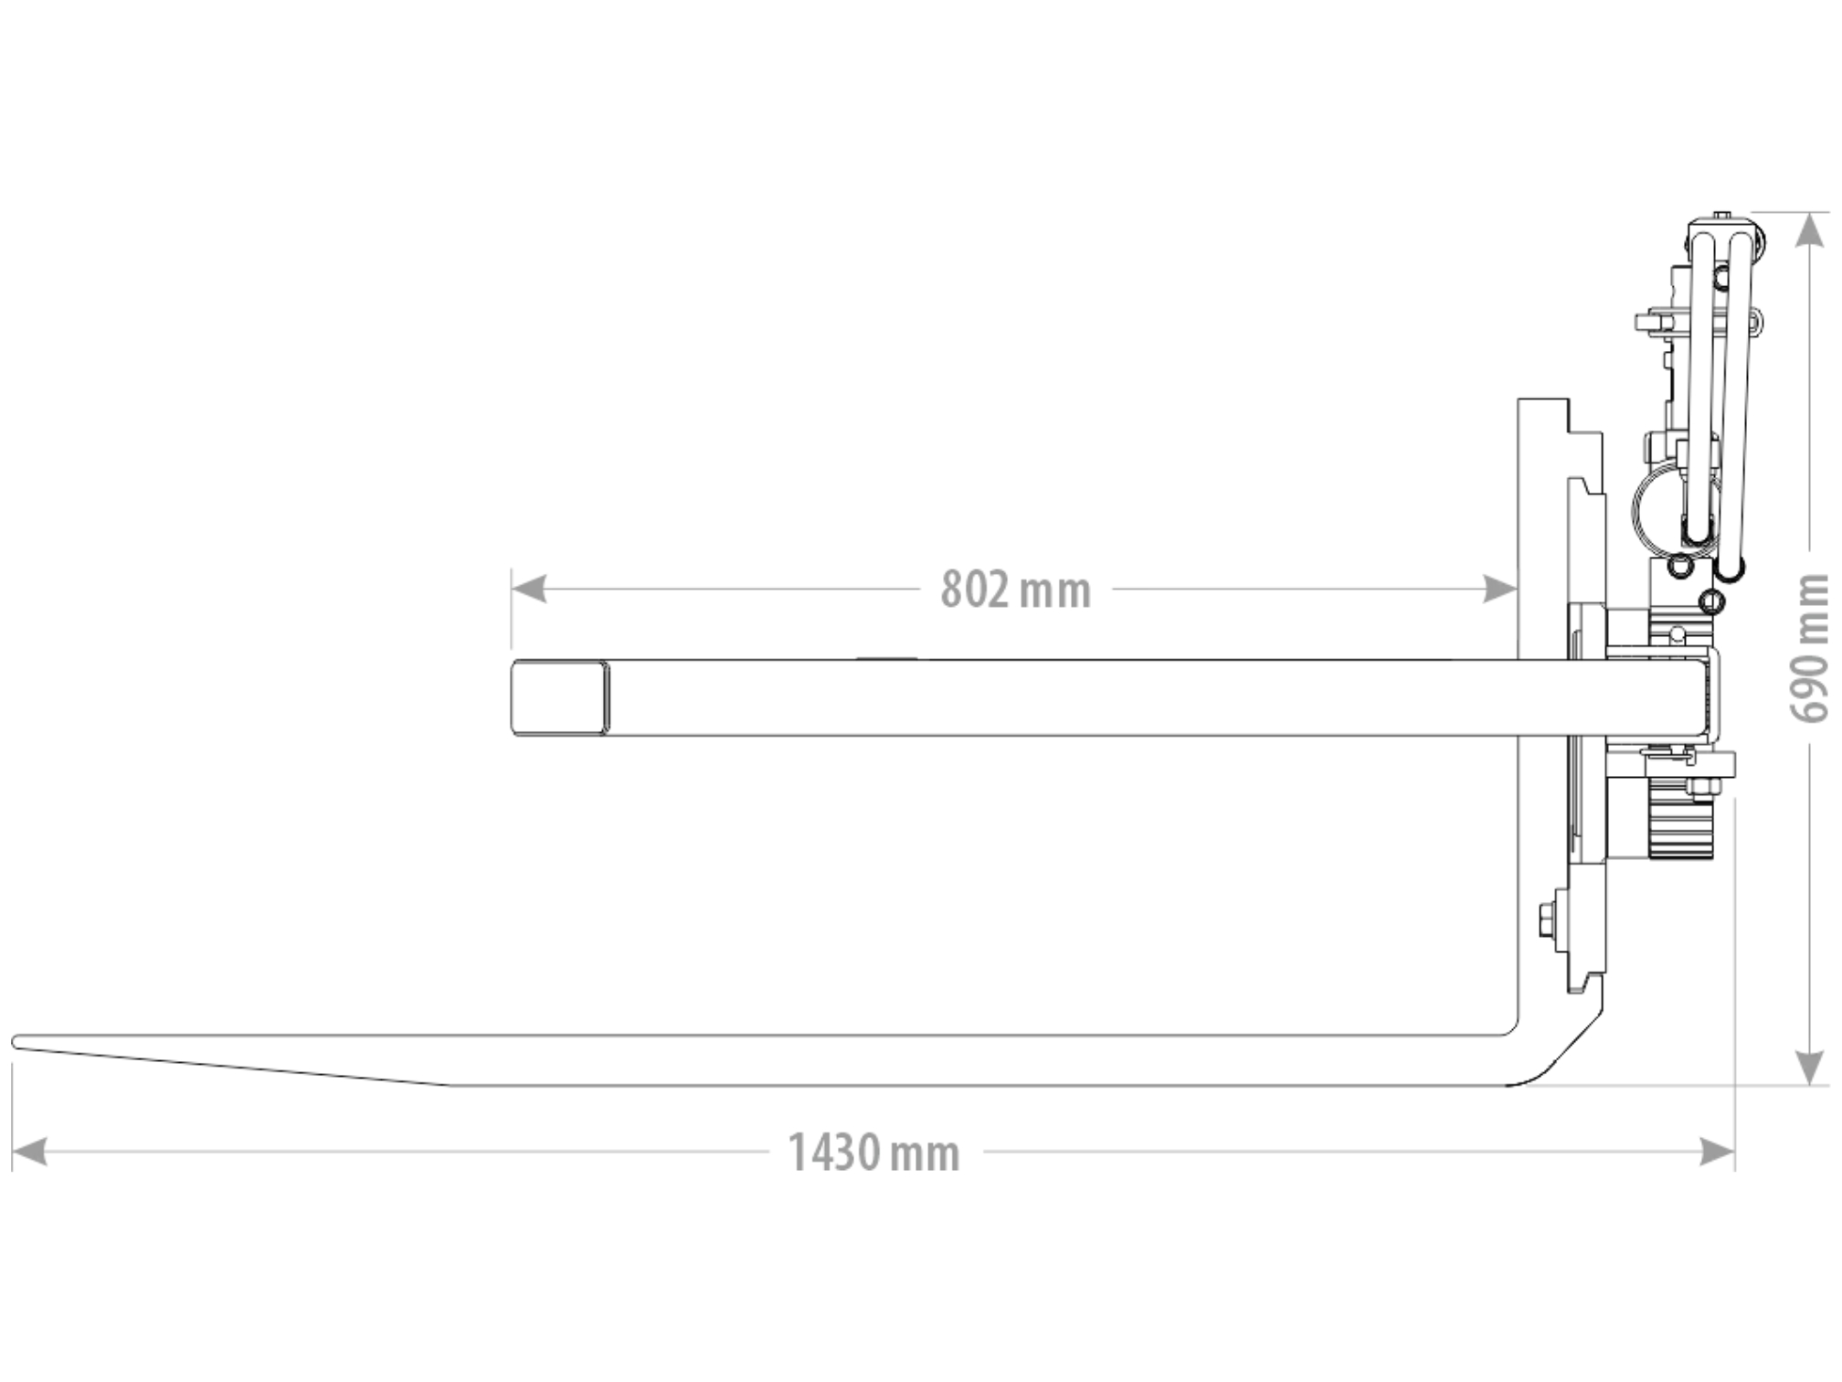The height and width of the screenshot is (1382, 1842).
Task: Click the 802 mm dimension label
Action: pyautogui.click(x=1016, y=590)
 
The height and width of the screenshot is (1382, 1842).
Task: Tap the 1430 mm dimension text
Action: pyautogui.click(x=873, y=1153)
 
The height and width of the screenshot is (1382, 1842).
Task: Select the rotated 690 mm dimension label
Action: pyautogui.click(x=1809, y=648)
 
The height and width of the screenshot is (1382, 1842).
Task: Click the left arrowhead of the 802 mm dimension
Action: pyautogui.click(x=529, y=590)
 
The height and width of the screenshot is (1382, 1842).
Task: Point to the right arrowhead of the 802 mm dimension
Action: pyautogui.click(x=1499, y=590)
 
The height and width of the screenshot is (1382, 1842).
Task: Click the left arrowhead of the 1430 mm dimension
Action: pyautogui.click(x=29, y=1152)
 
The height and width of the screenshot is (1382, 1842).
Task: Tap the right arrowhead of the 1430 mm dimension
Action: pyautogui.click(x=1717, y=1152)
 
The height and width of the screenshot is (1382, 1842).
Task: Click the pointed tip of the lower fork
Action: pyautogui.click(x=15, y=1042)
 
